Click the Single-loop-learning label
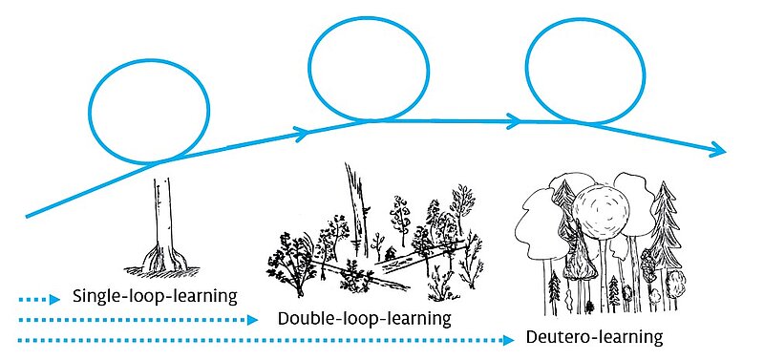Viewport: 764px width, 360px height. click(155, 296)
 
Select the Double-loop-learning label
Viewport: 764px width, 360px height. click(365, 319)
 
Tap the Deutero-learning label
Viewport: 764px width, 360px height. click(594, 337)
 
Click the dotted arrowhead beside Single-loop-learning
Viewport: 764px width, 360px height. click(55, 299)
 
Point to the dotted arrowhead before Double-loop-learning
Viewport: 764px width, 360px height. click(252, 320)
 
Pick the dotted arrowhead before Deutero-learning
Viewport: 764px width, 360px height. click(508, 340)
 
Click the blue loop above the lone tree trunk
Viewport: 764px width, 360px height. click(149, 60)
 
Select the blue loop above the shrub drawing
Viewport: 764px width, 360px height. click(369, 17)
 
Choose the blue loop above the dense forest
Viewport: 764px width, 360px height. click(585, 19)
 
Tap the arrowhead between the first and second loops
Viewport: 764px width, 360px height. click(303, 133)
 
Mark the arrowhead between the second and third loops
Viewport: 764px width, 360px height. click(514, 121)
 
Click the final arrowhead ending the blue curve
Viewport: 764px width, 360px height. click(719, 150)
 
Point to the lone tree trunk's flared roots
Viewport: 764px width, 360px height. click(163, 259)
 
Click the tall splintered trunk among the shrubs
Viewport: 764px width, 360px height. click(357, 209)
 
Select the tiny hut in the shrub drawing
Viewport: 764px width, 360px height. click(390, 253)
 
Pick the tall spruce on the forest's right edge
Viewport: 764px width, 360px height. click(665, 224)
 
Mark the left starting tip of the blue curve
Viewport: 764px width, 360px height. click(27, 217)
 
